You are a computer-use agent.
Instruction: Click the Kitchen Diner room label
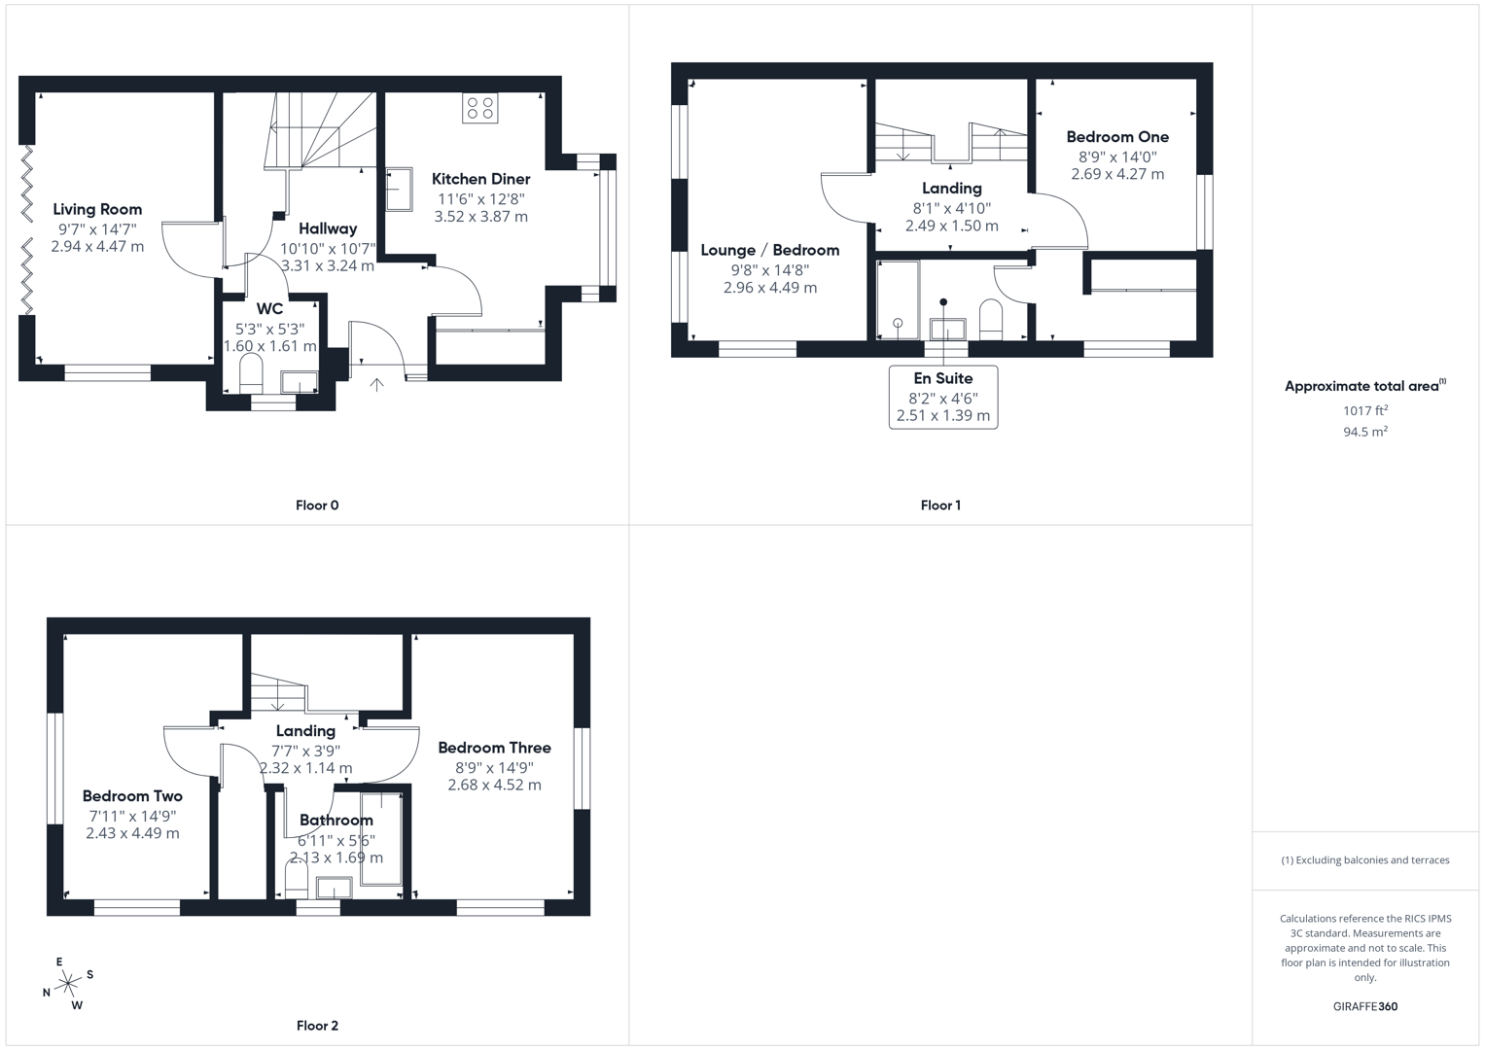pos(480,179)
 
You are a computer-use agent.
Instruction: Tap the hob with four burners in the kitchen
pos(479,108)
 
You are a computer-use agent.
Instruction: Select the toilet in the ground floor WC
pos(251,373)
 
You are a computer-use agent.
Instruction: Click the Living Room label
pos(97,209)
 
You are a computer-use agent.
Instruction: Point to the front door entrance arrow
pos(376,385)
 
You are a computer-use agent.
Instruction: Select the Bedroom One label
pos(1117,137)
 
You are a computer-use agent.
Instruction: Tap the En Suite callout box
pos(942,397)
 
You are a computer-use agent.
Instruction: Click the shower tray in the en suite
pos(898,299)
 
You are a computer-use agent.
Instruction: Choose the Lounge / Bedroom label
pos(769,250)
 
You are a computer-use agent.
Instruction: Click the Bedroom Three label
pos(494,748)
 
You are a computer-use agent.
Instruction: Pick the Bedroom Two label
pos(132,796)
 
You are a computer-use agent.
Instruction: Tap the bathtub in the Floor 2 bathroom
pos(381,838)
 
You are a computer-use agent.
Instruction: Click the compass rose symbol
pos(68,984)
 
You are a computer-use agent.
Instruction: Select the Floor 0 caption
pos(317,506)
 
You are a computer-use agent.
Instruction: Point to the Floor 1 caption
pos(940,506)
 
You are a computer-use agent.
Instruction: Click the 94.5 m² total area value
pos(1364,432)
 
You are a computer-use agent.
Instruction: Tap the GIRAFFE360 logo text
pos(1364,1006)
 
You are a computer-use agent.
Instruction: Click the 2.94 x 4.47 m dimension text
pos(97,247)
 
